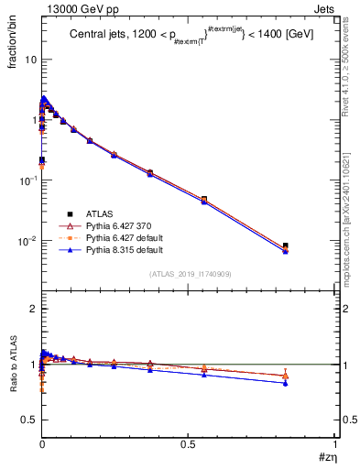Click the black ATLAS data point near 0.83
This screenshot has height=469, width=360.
286,245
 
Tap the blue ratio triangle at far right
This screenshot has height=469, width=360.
286,383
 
